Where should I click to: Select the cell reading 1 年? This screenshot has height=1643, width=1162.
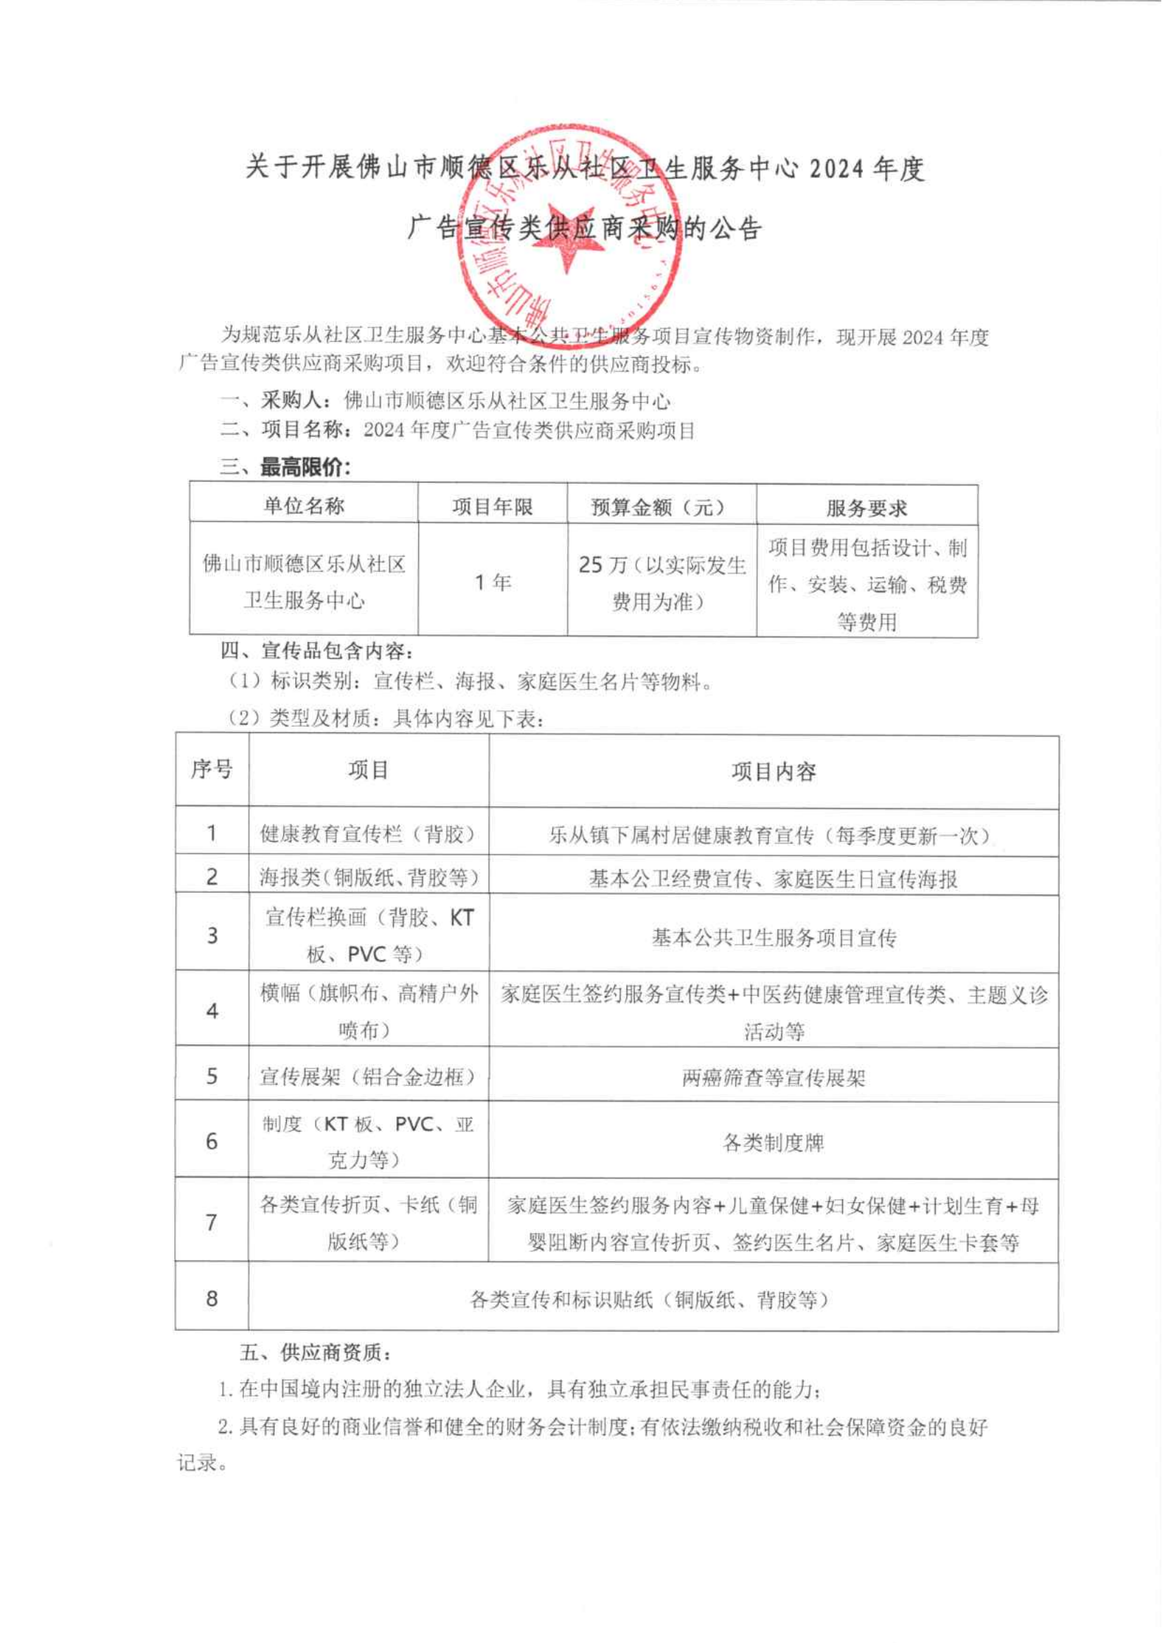pyautogui.click(x=492, y=582)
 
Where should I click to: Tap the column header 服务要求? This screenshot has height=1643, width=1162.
pyautogui.click(x=867, y=509)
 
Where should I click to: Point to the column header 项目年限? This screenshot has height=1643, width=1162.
pyautogui.click(x=492, y=507)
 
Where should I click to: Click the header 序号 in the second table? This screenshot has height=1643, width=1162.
pyautogui.click(x=212, y=770)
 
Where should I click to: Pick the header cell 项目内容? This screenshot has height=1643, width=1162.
pyautogui.click(x=773, y=772)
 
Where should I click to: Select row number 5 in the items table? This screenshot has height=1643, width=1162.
pyautogui.click(x=212, y=1076)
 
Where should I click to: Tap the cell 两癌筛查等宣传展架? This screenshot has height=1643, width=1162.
pyautogui.click(x=773, y=1078)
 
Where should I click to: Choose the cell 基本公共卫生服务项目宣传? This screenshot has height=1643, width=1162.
pyautogui.click(x=773, y=938)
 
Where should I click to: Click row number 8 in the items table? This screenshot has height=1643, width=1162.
pyautogui.click(x=212, y=1298)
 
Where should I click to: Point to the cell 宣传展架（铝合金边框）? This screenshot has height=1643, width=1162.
pyautogui.click(x=368, y=1076)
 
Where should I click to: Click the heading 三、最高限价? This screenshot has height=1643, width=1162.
pyautogui.click(x=285, y=468)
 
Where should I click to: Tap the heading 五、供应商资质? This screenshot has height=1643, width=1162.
pyautogui.click(x=315, y=1353)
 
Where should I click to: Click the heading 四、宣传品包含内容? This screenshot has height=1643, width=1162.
pyautogui.click(x=316, y=651)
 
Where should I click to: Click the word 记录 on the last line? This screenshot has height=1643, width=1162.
pyautogui.click(x=198, y=1462)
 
